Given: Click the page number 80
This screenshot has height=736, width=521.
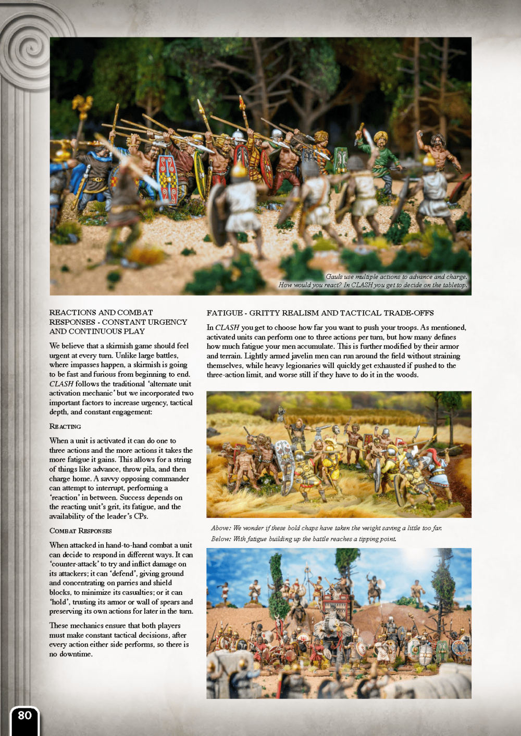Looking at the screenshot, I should pyautogui.click(x=24, y=715).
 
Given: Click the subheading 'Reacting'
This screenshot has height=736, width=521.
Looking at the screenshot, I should pyautogui.click(x=65, y=426).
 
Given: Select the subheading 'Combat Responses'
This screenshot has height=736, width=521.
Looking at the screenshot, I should pyautogui.click(x=80, y=531).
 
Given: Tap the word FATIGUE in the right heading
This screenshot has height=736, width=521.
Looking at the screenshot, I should pyautogui.click(x=225, y=313).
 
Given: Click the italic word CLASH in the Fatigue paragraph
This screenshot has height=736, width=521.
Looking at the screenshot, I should pyautogui.click(x=227, y=327).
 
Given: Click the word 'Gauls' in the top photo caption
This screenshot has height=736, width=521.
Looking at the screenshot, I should pyautogui.click(x=334, y=277).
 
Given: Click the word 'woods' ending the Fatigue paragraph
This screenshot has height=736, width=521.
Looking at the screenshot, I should pyautogui.click(x=406, y=375).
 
